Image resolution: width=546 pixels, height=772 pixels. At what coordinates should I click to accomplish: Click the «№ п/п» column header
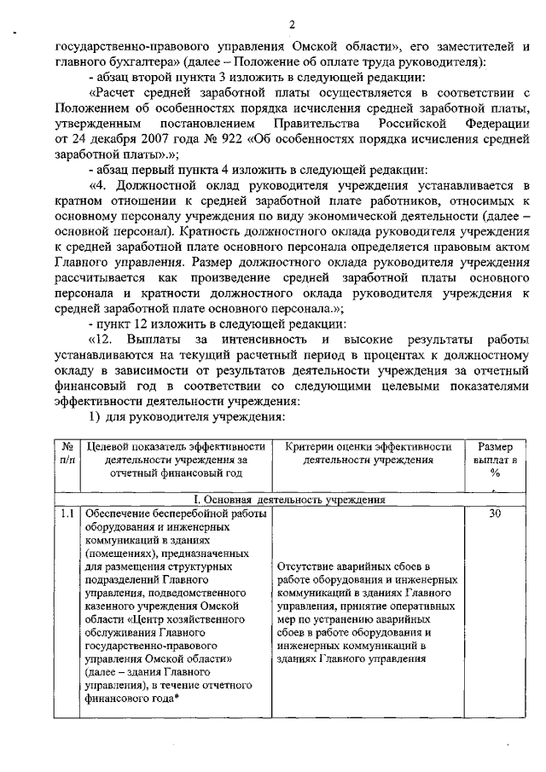click(x=67, y=454)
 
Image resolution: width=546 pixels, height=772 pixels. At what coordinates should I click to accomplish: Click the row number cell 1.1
click(x=67, y=514)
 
